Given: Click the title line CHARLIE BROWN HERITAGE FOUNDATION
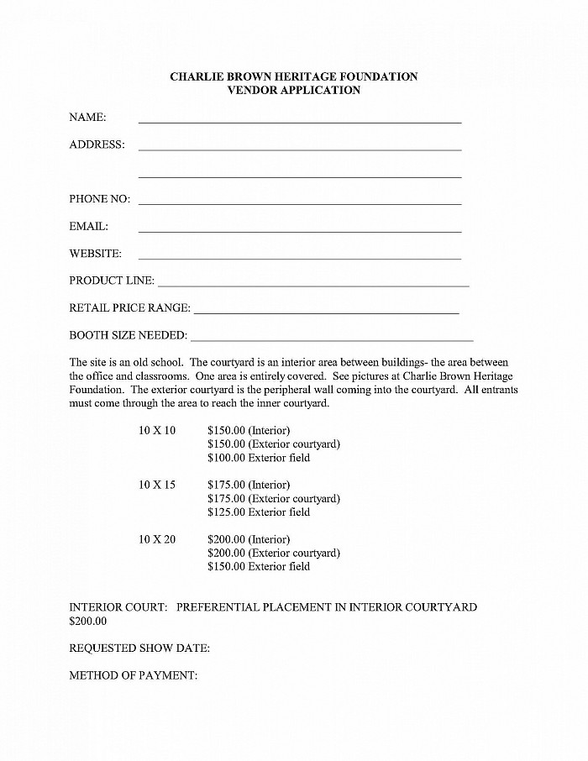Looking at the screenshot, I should pyautogui.click(x=293, y=76).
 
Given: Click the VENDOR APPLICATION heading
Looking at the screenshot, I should pyautogui.click(x=293, y=90).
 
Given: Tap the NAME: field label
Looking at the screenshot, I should pyautogui.click(x=87, y=117).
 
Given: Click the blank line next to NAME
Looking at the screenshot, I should pyautogui.click(x=300, y=121).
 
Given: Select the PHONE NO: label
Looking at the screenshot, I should pyautogui.click(x=99, y=199).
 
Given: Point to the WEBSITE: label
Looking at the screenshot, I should pyautogui.click(x=95, y=254).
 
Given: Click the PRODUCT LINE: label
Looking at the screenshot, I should pyautogui.click(x=112, y=281).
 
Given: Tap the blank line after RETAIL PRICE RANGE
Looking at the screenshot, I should pyautogui.click(x=327, y=312).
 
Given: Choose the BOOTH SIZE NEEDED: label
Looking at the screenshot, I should pyautogui.click(x=128, y=335).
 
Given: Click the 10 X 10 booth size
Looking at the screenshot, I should pyautogui.click(x=157, y=431).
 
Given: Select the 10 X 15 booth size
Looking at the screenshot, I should pyautogui.click(x=157, y=485).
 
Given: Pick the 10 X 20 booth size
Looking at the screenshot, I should pyautogui.click(x=157, y=539).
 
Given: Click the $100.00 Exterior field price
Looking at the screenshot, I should pyautogui.click(x=259, y=458).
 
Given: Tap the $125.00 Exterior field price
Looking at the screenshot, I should pyautogui.click(x=259, y=512).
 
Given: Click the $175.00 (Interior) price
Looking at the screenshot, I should pyautogui.click(x=249, y=485).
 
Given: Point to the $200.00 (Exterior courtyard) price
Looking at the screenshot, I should pyautogui.click(x=274, y=553).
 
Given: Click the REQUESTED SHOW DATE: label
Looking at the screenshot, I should pyautogui.click(x=139, y=648).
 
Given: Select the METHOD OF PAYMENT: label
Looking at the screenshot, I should pyautogui.click(x=134, y=675).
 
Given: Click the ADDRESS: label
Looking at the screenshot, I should pyautogui.click(x=97, y=144).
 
